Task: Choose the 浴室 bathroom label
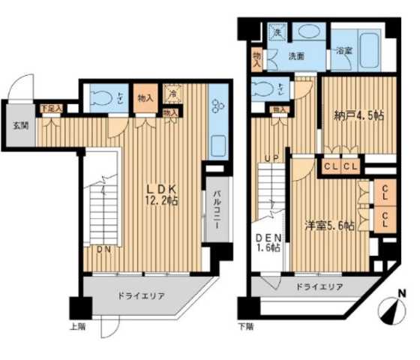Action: (344, 51)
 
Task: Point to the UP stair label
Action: (271, 157)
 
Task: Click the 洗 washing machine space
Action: (276, 34)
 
